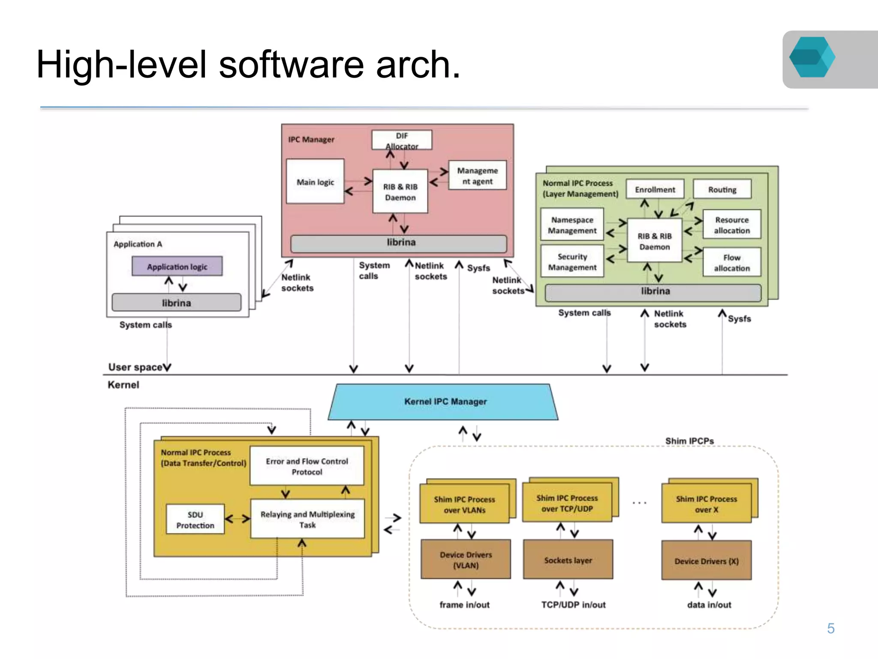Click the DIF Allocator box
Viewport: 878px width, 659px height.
(402, 140)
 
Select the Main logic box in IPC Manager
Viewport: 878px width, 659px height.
(315, 182)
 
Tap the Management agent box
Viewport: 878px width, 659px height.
(477, 175)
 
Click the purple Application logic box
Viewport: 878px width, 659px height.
(177, 266)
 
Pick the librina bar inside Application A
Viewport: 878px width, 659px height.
(176, 303)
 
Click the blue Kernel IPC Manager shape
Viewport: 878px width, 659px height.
(445, 402)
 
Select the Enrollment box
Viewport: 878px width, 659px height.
(655, 190)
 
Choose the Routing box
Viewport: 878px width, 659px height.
(722, 190)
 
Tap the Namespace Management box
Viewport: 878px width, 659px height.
(572, 225)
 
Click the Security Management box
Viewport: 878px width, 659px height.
(572, 262)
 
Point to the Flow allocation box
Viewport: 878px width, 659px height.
(731, 262)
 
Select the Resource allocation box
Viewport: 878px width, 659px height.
(731, 225)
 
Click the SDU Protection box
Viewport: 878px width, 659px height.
(195, 520)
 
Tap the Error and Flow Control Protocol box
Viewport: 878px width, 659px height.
(307, 466)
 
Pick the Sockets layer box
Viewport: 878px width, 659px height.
(568, 560)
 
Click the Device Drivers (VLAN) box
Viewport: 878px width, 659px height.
(466, 560)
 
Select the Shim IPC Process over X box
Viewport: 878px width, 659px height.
(706, 504)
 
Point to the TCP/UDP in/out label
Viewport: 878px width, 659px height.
(573, 605)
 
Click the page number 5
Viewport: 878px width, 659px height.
(830, 628)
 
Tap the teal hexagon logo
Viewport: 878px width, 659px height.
(812, 57)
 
